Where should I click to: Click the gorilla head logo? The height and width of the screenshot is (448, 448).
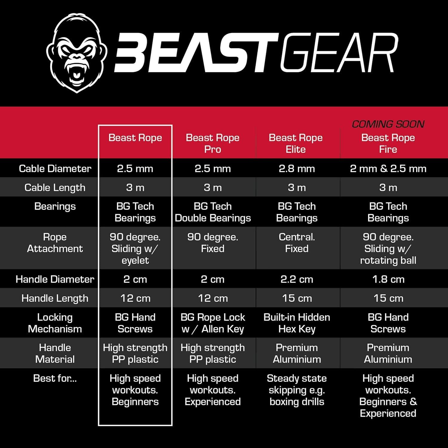coord(76,53)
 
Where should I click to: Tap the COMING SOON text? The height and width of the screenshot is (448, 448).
coord(388,124)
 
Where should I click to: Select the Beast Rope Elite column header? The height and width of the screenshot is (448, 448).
coord(296,143)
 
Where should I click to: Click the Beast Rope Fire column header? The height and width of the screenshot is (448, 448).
coord(388,143)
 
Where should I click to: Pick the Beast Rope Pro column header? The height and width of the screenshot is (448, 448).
coord(213,143)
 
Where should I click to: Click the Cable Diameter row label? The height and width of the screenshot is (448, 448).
coord(55,168)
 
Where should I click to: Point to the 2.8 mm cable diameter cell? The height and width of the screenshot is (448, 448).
coord(297,168)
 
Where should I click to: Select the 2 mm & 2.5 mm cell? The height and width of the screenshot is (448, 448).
coord(388,168)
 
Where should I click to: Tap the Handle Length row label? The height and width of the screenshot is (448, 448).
coord(55,298)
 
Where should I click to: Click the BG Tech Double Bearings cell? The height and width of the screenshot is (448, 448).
coord(213,212)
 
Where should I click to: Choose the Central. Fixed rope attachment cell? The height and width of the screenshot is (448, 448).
coord(297,243)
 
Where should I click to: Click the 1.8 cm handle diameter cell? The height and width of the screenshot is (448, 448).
coord(388,279)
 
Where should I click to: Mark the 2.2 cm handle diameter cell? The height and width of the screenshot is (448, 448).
coord(297,279)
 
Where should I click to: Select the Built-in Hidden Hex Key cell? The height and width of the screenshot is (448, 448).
coord(297,323)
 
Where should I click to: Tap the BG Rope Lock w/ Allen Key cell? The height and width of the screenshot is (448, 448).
coord(213,323)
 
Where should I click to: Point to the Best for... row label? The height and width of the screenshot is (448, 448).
coord(55,378)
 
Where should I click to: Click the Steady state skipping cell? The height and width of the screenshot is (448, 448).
coord(297,390)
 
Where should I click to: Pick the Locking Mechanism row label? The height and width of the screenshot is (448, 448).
coord(55,323)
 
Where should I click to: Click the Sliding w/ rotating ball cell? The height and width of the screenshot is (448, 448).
coord(388,248)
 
